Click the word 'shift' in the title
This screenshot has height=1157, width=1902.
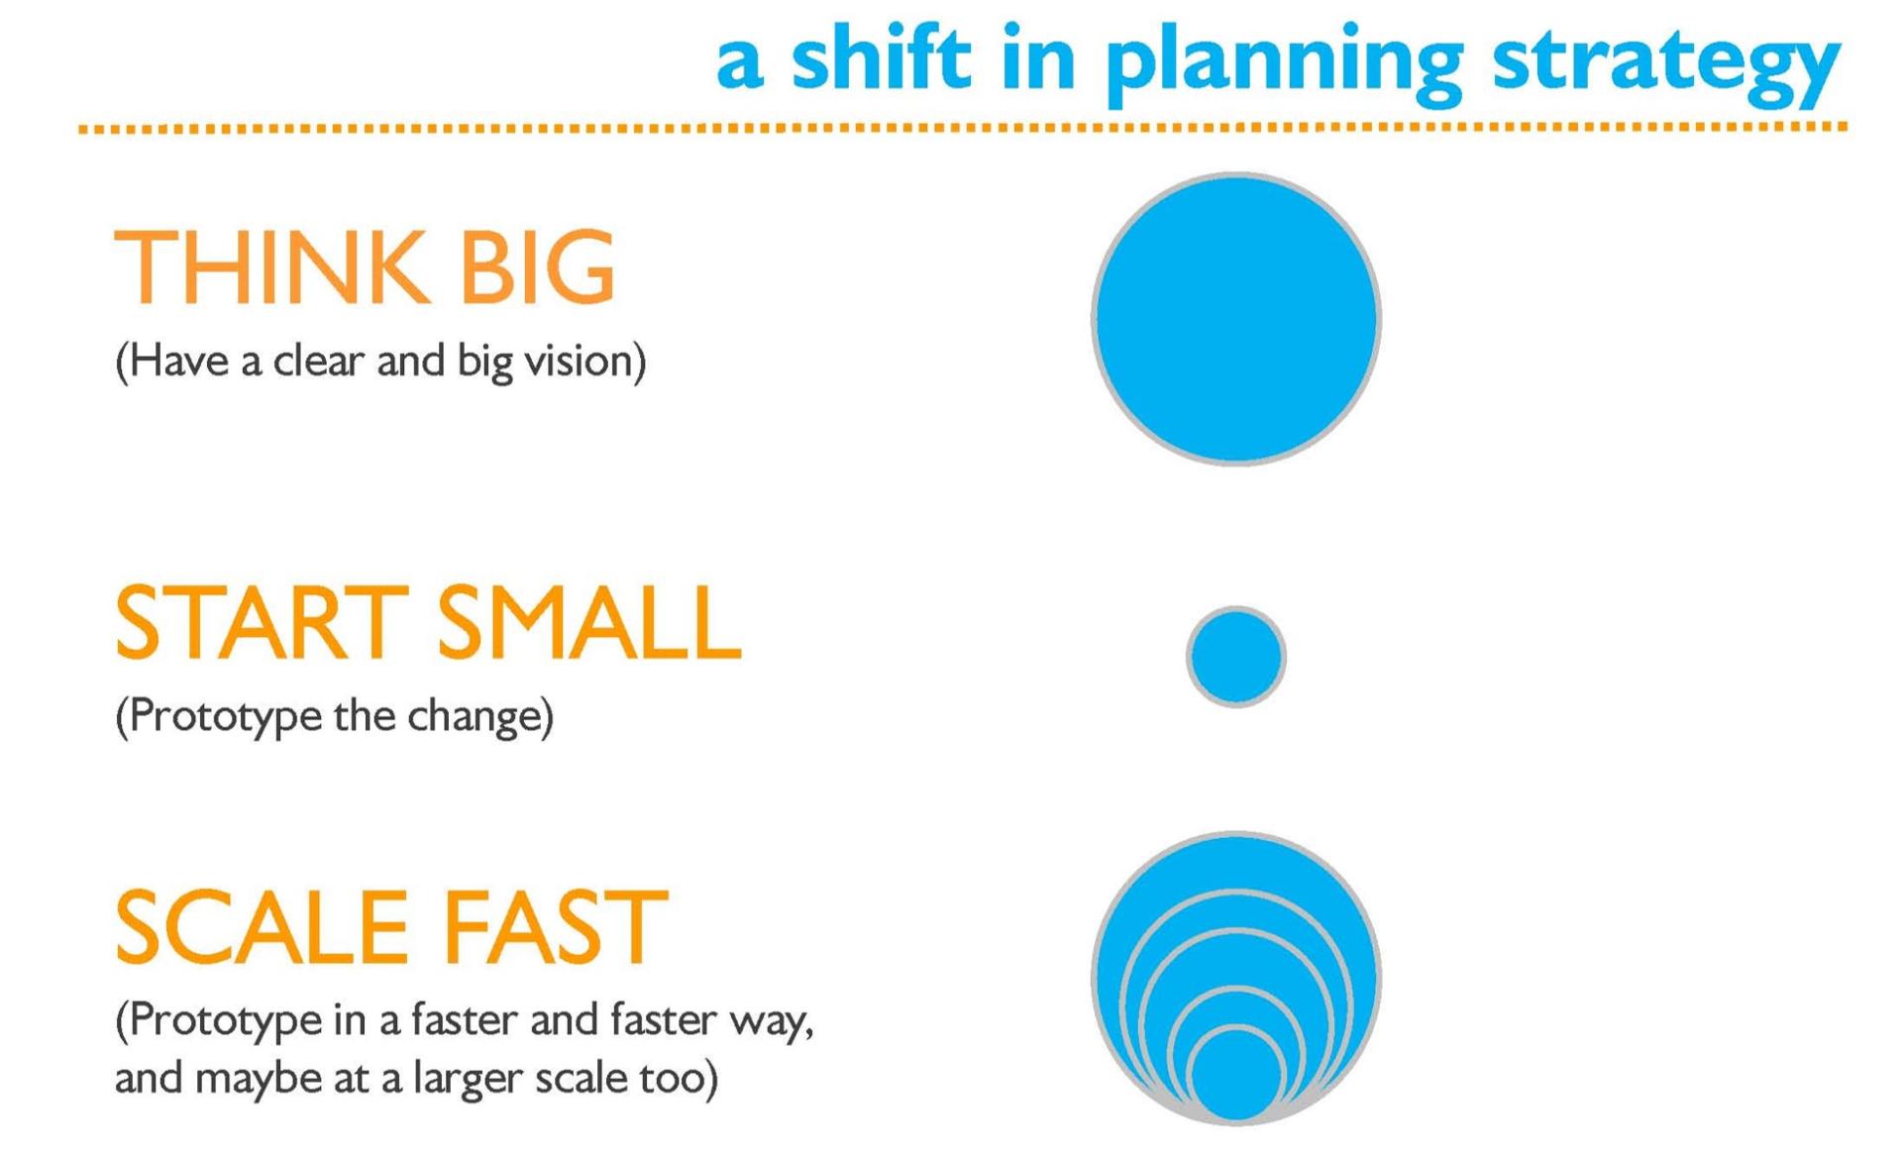tap(881, 57)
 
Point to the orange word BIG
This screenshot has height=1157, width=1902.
tap(538, 265)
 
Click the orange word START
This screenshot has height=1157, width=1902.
tap(262, 621)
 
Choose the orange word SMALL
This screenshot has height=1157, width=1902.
tap(588, 621)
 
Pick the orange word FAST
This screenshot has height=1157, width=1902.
tap(555, 926)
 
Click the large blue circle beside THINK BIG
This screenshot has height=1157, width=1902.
tap(1236, 319)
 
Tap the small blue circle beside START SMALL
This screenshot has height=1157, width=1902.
tap(1236, 657)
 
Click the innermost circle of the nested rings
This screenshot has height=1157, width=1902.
tap(1236, 1075)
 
